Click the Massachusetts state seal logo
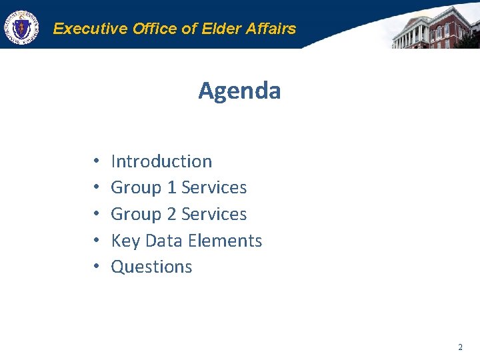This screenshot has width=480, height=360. [x=21, y=28]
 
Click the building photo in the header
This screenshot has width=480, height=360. [x=433, y=27]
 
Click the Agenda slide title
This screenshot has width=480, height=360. [x=239, y=91]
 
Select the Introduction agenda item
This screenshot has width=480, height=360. [x=161, y=161]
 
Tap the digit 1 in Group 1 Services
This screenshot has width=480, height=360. [x=171, y=188]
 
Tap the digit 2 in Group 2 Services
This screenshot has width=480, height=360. [x=171, y=215]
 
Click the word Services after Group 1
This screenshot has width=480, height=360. [x=214, y=188]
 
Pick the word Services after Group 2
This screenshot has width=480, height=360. [x=214, y=215]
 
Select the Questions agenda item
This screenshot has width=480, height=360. [x=151, y=267]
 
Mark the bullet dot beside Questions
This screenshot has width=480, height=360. [x=96, y=267]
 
